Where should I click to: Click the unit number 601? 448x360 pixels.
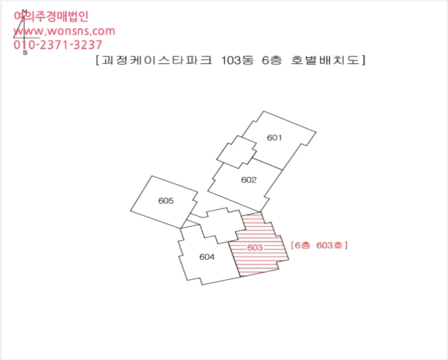[274, 138]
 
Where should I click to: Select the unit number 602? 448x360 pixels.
[249, 180]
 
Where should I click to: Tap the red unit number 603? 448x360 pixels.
[255, 248]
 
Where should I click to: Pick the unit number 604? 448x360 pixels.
[207, 257]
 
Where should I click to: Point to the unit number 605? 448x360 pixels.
[165, 201]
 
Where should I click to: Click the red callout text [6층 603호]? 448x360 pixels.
[319, 245]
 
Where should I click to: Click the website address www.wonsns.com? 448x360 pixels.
[65, 31]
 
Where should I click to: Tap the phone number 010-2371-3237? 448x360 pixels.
[58, 44]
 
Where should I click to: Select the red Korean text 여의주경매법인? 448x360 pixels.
[51, 16]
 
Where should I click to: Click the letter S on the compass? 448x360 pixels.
[25, 52]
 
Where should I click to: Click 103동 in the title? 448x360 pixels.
[237, 61]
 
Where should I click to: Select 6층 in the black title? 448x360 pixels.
[272, 61]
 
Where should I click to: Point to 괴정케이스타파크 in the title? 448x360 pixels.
[157, 61]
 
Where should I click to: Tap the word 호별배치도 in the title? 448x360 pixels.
[325, 61]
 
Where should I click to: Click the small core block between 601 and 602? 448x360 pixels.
[237, 152]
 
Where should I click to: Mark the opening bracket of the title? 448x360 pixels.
[98, 61]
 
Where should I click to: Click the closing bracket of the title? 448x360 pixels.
[363, 61]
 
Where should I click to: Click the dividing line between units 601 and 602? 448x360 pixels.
[268, 164]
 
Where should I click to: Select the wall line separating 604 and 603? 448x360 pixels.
[234, 260]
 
